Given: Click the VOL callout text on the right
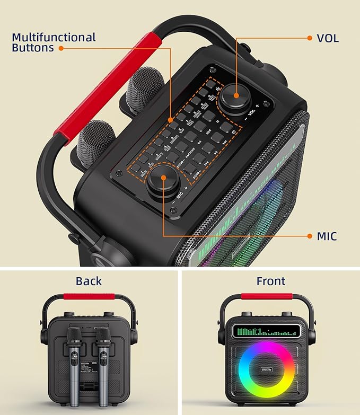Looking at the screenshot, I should pos(328,38).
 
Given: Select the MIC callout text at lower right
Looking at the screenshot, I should pos(326,236).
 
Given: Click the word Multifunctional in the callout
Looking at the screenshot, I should pos(54,38).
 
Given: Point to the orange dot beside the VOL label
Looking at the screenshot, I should pos(310,38).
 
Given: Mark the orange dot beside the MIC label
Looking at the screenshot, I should pos(310,236).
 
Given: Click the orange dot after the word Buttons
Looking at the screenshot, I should pos(61,48).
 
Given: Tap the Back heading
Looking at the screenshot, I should pos(89,281).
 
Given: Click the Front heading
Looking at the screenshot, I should pos(270,281).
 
